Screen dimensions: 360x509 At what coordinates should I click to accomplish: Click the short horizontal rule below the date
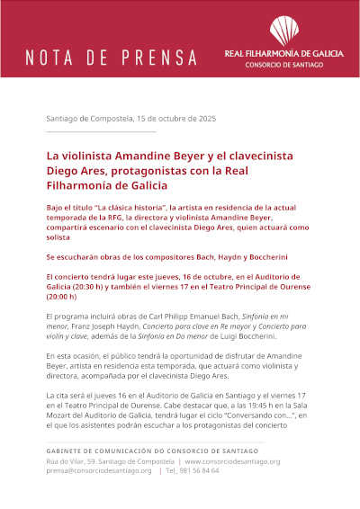(x=100, y=132)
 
